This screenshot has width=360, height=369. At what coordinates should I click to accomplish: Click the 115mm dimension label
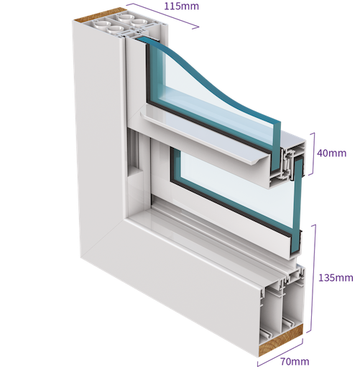181,6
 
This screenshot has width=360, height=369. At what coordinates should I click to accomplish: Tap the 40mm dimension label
332,153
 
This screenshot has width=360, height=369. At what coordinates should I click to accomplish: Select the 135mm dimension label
336,278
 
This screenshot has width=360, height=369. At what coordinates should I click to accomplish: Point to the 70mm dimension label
295,361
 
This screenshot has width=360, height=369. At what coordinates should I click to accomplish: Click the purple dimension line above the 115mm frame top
163,16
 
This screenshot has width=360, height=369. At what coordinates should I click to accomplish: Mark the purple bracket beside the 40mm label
313,154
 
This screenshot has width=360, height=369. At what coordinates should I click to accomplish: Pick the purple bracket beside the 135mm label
313,279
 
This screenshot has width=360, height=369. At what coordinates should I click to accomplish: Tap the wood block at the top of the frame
99,15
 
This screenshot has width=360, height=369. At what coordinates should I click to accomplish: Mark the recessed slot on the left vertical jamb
133,152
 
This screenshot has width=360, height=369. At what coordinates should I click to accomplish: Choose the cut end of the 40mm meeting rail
287,165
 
